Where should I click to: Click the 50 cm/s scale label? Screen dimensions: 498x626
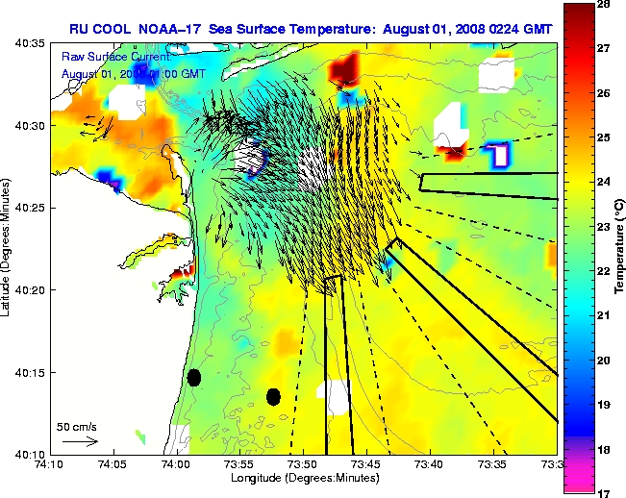tap(77, 426)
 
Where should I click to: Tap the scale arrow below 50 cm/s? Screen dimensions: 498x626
tap(80, 441)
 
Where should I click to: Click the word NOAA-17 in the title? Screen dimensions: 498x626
tap(167, 29)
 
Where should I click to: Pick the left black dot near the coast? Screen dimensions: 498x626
tap(194, 377)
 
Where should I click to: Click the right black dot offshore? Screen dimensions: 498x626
tap(273, 396)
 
